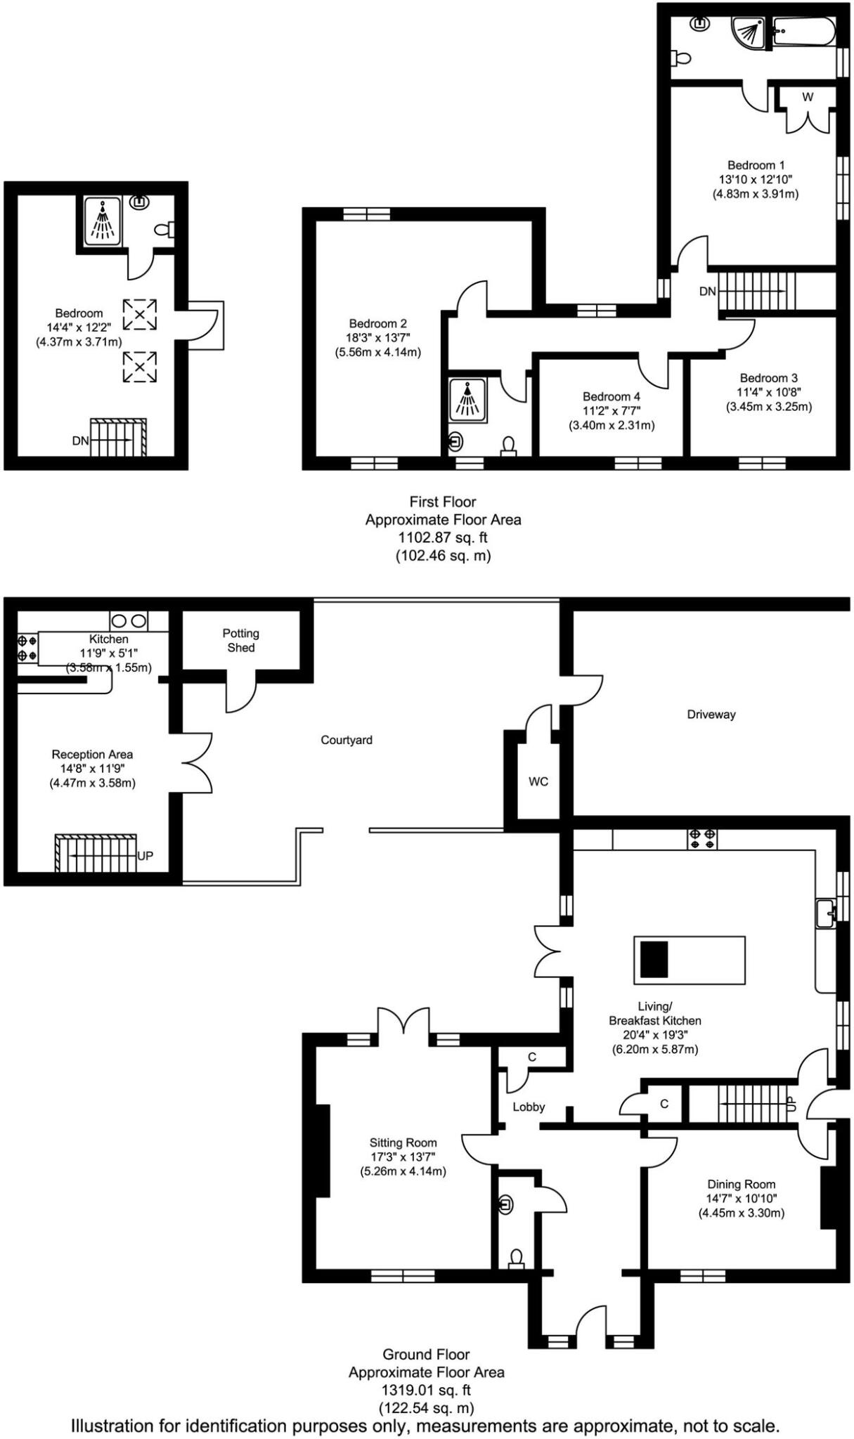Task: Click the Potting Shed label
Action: point(241,640)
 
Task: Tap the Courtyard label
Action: point(347,740)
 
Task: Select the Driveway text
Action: point(711,715)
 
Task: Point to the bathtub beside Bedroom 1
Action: point(803,32)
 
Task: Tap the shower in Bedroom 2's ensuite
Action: point(467,402)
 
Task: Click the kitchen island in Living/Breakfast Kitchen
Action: point(689,959)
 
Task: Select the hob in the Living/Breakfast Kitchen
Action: point(702,838)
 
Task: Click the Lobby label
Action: point(529,1107)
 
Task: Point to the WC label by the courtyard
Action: point(538,781)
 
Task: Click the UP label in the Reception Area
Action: point(145,856)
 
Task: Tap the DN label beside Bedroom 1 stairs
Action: point(708,291)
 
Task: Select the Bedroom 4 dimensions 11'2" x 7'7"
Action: point(611,411)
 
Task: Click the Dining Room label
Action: point(742,1184)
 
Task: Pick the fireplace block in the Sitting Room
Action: point(322,1150)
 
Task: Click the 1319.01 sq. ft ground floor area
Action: point(426,1390)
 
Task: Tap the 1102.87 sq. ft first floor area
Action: point(443,538)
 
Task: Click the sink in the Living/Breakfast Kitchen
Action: point(826,913)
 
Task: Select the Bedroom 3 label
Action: point(768,378)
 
